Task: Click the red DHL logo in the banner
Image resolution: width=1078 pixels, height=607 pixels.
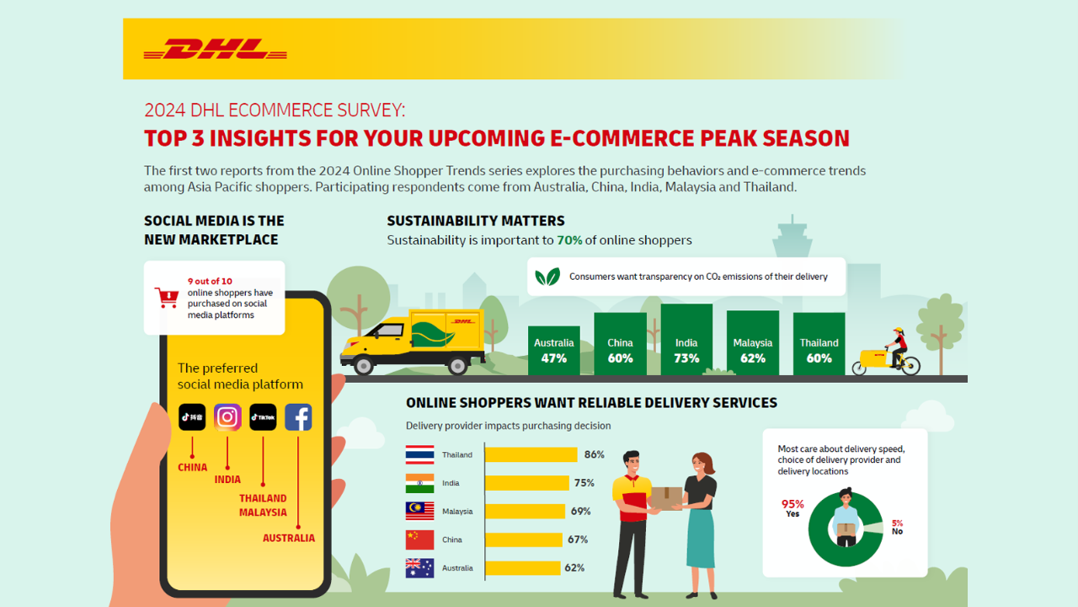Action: coord(215,49)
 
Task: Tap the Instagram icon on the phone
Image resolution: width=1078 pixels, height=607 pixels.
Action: coord(227,416)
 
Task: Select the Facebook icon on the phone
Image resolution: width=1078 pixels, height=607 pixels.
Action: coord(298,416)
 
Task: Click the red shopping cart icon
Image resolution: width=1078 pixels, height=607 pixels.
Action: coord(167,298)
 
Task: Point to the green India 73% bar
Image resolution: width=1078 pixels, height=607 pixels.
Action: coord(686,339)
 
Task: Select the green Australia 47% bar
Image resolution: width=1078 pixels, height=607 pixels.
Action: coord(554,350)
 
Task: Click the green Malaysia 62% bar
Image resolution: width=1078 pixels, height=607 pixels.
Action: coord(753,342)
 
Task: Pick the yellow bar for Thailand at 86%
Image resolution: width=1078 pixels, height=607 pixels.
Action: coord(531,454)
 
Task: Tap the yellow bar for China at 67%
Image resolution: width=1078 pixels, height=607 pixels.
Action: coord(524,540)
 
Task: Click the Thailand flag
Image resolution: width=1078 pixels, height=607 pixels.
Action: coord(419,454)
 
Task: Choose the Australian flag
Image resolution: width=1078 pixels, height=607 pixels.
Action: coord(419,568)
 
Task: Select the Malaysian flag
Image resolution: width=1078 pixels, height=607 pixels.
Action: coord(419,511)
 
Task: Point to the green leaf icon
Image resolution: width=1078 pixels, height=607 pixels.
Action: coord(547,277)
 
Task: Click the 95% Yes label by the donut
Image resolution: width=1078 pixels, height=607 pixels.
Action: coord(792,508)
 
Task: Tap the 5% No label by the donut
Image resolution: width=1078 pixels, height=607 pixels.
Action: coord(898,527)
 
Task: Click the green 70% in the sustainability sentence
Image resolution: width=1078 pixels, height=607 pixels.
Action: coord(569,240)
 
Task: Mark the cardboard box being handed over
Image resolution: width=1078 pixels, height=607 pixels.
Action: coord(666,498)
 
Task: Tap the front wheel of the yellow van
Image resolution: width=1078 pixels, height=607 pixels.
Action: coord(363,366)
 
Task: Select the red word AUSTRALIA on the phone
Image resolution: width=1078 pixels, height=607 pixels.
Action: coord(289,538)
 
